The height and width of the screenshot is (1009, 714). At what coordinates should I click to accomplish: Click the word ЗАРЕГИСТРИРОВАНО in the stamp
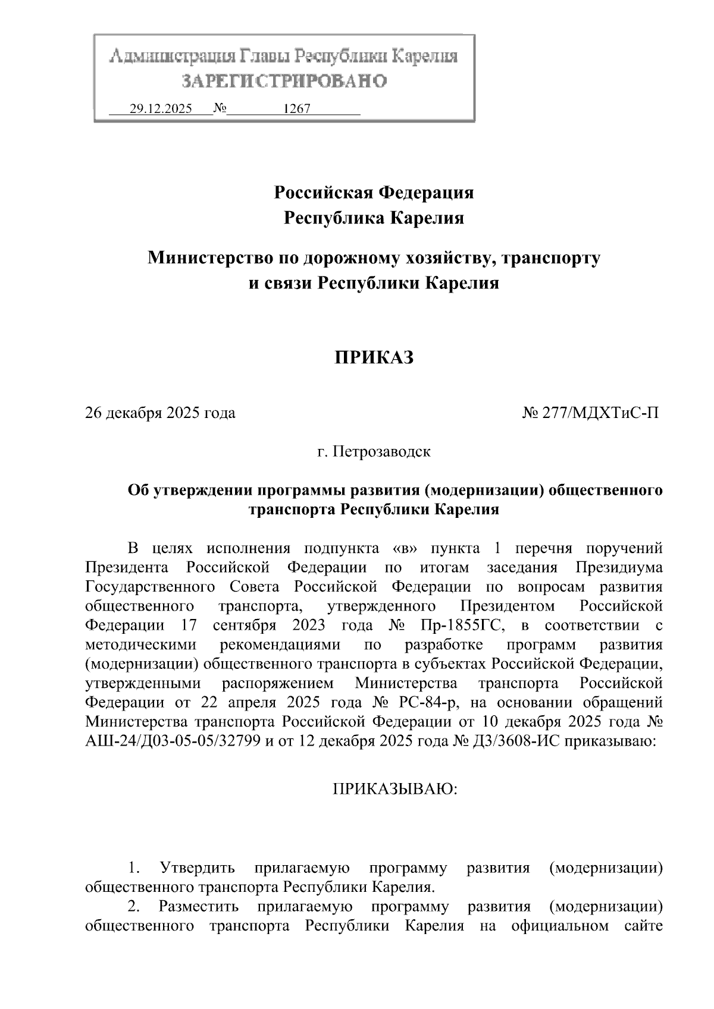point(284,81)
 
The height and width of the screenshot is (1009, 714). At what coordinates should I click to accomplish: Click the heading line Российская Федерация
point(374,193)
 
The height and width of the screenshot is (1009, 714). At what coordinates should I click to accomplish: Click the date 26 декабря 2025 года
point(161,413)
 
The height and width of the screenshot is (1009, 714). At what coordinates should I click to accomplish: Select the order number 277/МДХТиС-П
point(600,413)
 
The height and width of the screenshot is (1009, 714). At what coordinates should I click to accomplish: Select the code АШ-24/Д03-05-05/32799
point(173,741)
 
